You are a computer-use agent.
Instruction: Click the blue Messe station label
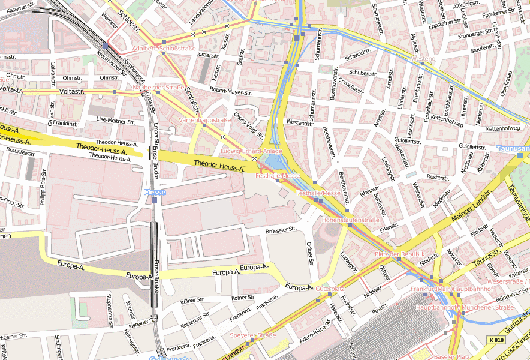tap(154, 192)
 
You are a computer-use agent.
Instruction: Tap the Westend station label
tap(423, 59)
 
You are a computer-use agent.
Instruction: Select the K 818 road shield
tap(496, 340)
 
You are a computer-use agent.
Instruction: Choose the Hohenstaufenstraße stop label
tap(350, 220)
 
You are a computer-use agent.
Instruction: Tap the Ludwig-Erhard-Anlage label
tap(251, 151)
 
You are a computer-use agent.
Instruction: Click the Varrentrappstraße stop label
tap(204, 120)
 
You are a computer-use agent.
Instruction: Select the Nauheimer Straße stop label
tap(158, 87)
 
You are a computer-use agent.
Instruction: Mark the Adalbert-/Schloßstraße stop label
tap(164, 47)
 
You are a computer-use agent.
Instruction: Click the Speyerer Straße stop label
tap(253, 335)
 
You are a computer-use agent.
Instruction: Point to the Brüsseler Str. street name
tap(281, 229)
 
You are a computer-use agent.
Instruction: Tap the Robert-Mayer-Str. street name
tap(230, 92)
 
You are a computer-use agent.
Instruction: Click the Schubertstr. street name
tap(362, 73)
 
